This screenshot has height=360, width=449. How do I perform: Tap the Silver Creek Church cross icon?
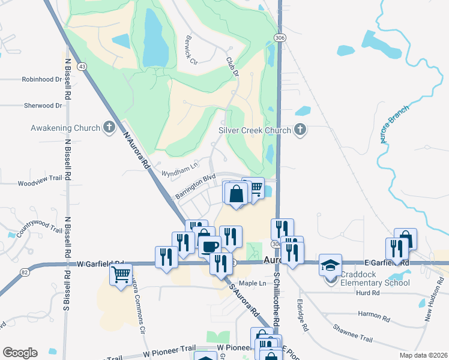coord(301,130)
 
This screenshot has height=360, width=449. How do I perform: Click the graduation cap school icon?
coord(330,265)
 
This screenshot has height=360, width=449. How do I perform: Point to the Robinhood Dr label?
coord(42,79)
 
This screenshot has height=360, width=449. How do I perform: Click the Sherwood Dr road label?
coord(43,105)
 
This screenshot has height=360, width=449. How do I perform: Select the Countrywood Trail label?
coord(40,230)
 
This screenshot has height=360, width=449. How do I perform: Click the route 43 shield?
coord(82,66)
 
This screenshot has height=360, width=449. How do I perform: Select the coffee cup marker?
coord(210,247)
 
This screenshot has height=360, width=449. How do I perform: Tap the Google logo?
coord(20,353)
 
